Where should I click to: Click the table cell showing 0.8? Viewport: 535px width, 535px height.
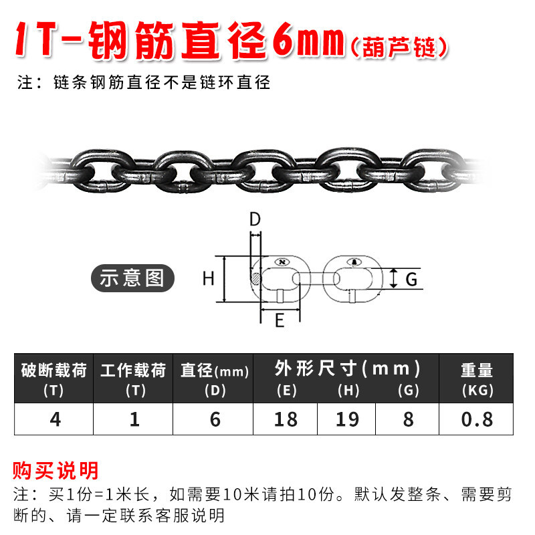coord(477,419)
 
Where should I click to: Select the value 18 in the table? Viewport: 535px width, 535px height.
coord(286,419)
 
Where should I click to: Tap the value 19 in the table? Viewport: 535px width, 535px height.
coord(347,419)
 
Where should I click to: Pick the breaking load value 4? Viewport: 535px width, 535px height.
coord(56,419)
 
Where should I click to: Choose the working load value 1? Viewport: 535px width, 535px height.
coord(134,419)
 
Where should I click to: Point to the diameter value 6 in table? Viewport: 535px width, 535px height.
coord(215,419)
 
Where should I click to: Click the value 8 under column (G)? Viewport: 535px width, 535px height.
coord(408,419)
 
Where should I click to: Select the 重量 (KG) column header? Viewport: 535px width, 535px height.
coord(477,379)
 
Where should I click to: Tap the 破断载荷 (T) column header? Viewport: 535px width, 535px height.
coord(54,379)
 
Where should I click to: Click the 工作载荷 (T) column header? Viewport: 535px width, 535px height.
coord(133,379)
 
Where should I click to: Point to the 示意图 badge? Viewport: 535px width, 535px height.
coord(132,278)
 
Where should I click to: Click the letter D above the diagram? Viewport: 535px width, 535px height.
coord(255,219)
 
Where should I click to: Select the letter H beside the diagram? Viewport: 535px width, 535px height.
coord(208,278)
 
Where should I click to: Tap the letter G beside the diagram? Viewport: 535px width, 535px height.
coord(411,280)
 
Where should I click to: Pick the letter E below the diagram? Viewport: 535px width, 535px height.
coord(280,321)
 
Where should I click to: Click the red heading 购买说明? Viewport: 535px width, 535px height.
coord(56,471)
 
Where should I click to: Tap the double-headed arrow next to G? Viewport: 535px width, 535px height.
coord(394,278)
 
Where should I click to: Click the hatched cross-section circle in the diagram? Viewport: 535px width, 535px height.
coord(255,279)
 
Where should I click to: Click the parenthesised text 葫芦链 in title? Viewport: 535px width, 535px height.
coord(399,47)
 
